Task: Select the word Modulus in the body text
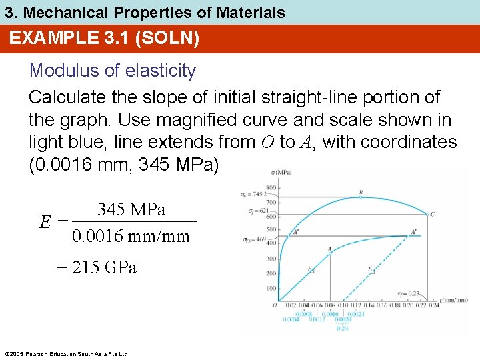point(56,71)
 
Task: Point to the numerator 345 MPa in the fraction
point(131,210)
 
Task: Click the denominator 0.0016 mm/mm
point(131,237)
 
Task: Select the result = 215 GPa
point(97,267)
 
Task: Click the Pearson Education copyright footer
point(66,353)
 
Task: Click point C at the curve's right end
point(433,213)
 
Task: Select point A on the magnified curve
point(330,249)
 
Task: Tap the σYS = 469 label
point(254,239)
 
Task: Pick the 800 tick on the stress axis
point(271,187)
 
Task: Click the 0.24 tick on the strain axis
point(433,305)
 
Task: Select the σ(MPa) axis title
point(287,175)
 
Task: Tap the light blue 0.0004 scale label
point(291,319)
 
